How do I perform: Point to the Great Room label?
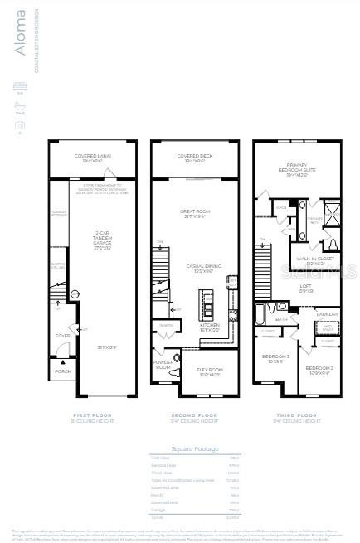pos(195,212)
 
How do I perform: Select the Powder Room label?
pos(163,364)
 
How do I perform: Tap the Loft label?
pos(304,287)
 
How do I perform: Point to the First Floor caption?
pos(92,414)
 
